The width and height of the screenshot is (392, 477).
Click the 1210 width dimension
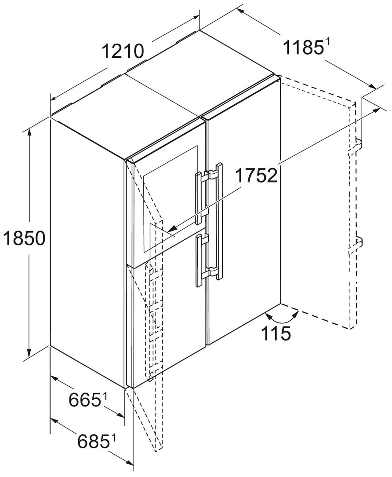[123, 51]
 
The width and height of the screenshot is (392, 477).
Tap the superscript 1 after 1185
[327, 43]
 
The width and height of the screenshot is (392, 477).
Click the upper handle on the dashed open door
[356, 145]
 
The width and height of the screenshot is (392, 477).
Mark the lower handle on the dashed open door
[356, 244]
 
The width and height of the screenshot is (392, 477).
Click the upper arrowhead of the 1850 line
[29, 133]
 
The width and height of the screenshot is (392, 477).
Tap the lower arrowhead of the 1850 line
[29, 352]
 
